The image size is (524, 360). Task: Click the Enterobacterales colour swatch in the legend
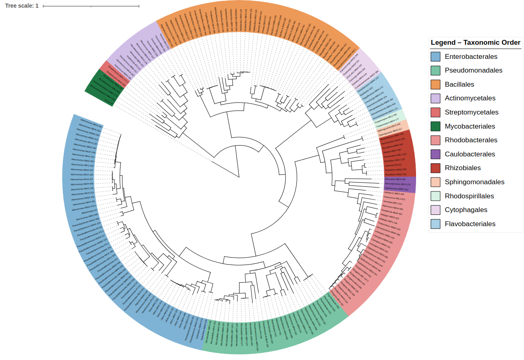click(x=435, y=57)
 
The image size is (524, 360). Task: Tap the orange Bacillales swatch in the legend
click(x=435, y=85)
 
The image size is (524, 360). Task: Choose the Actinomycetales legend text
click(x=470, y=98)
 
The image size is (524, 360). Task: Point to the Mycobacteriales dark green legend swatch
click(x=435, y=127)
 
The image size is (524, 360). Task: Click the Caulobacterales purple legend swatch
click(x=435, y=154)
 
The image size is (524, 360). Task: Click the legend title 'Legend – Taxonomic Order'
click(x=475, y=43)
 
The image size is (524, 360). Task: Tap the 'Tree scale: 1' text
click(x=22, y=6)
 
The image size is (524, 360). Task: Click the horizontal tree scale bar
click(x=91, y=6)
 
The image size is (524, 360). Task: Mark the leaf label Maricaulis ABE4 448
click(x=395, y=179)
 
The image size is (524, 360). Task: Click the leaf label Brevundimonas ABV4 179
click(x=398, y=184)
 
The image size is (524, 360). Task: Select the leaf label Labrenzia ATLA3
click(x=393, y=165)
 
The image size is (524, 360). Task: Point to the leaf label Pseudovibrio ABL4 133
click(x=395, y=155)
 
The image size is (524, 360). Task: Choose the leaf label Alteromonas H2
click(x=89, y=211)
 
